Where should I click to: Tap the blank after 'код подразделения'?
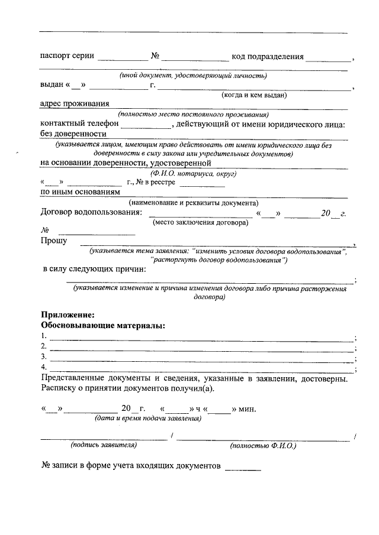click(x=329, y=58)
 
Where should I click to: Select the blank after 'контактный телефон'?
click(x=145, y=125)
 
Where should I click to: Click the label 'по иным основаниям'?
click(x=80, y=192)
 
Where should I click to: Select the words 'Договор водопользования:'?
click(x=91, y=213)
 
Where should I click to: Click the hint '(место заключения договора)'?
click(x=200, y=222)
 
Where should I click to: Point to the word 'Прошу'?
click(x=53, y=241)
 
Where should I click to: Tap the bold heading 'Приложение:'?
click(x=68, y=315)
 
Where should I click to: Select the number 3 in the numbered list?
click(x=43, y=357)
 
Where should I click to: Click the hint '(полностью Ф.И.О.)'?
click(x=263, y=445)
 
